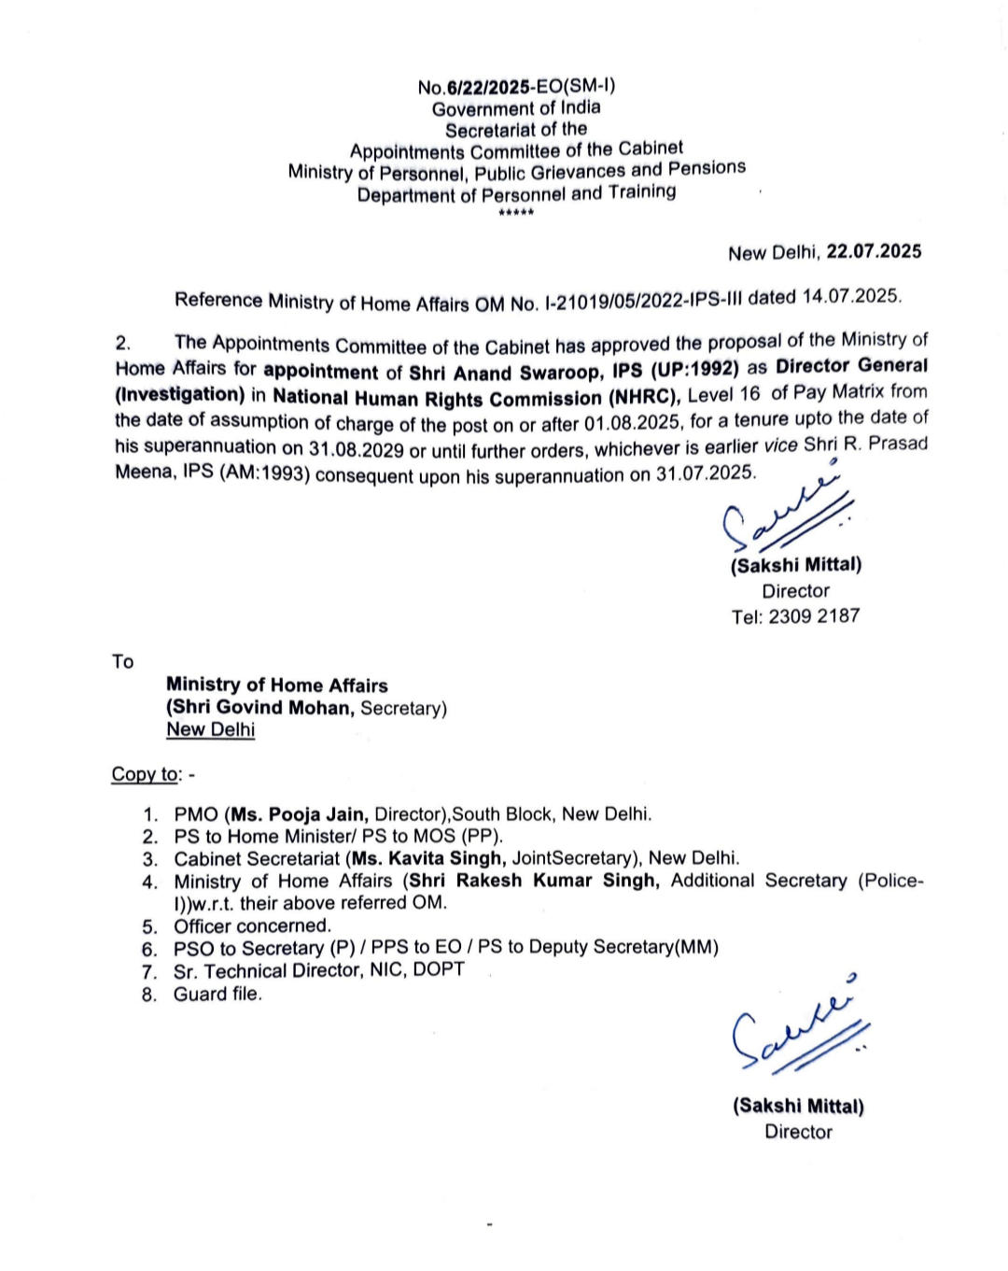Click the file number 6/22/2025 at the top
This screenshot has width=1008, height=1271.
488,87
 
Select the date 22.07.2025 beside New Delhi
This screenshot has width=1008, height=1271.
874,251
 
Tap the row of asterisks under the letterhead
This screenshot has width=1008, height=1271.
516,214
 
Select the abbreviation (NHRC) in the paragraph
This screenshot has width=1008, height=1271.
645,395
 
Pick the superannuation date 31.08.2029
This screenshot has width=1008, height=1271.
357,449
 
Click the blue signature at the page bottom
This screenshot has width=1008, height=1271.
798,1032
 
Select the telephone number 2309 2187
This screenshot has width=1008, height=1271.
813,615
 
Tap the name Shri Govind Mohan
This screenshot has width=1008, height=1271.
261,707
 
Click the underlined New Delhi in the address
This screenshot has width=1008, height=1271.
210,729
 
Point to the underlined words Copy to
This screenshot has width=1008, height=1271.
146,774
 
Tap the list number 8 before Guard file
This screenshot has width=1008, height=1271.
149,994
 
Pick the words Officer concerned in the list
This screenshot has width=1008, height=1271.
252,925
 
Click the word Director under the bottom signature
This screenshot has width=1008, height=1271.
798,1131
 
